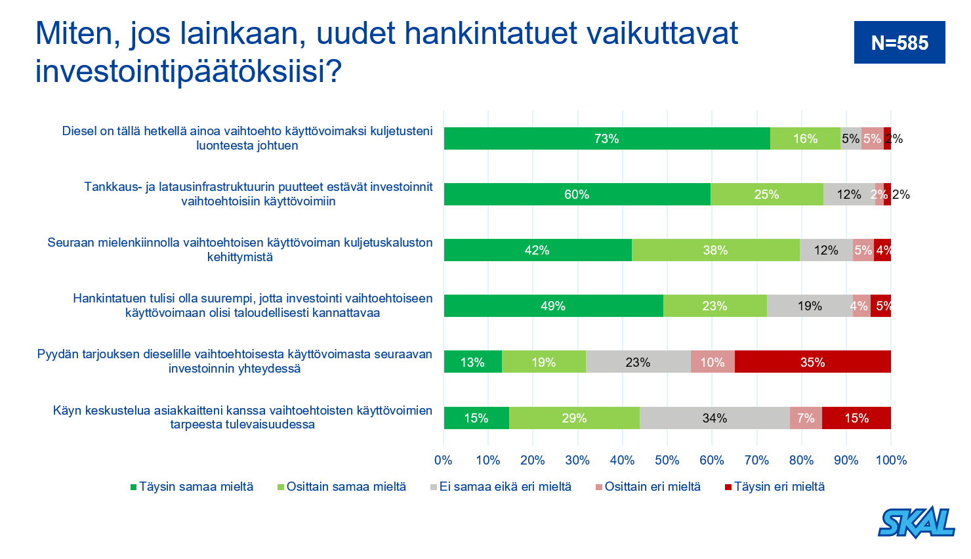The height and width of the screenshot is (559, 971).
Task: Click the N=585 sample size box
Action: coord(899,43)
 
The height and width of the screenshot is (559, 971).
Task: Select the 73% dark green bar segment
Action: coord(606,138)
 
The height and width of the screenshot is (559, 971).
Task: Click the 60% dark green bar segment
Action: coord(577,194)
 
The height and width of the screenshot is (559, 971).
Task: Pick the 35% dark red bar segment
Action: coord(812,362)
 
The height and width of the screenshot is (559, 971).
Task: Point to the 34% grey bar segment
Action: coord(714,418)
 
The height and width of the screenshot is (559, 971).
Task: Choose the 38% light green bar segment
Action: coord(715,250)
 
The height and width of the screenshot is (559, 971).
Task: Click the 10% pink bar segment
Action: coord(713,362)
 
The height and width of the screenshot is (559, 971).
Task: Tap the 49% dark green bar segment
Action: coord(553,306)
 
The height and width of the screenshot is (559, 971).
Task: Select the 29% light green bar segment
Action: coord(574,418)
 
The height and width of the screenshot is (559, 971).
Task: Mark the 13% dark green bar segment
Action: coord(472,362)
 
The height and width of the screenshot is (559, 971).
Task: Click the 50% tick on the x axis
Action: coord(667,460)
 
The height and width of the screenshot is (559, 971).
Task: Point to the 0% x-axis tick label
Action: coord(444,460)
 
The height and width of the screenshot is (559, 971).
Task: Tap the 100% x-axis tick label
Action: coord(891,460)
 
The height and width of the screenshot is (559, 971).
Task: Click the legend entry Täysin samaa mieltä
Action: coord(196,487)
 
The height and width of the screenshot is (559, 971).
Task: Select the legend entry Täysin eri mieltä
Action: coord(779,487)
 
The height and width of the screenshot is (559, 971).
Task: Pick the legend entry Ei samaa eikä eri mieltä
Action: coord(505,487)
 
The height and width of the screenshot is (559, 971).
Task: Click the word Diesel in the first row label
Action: coord(79,131)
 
